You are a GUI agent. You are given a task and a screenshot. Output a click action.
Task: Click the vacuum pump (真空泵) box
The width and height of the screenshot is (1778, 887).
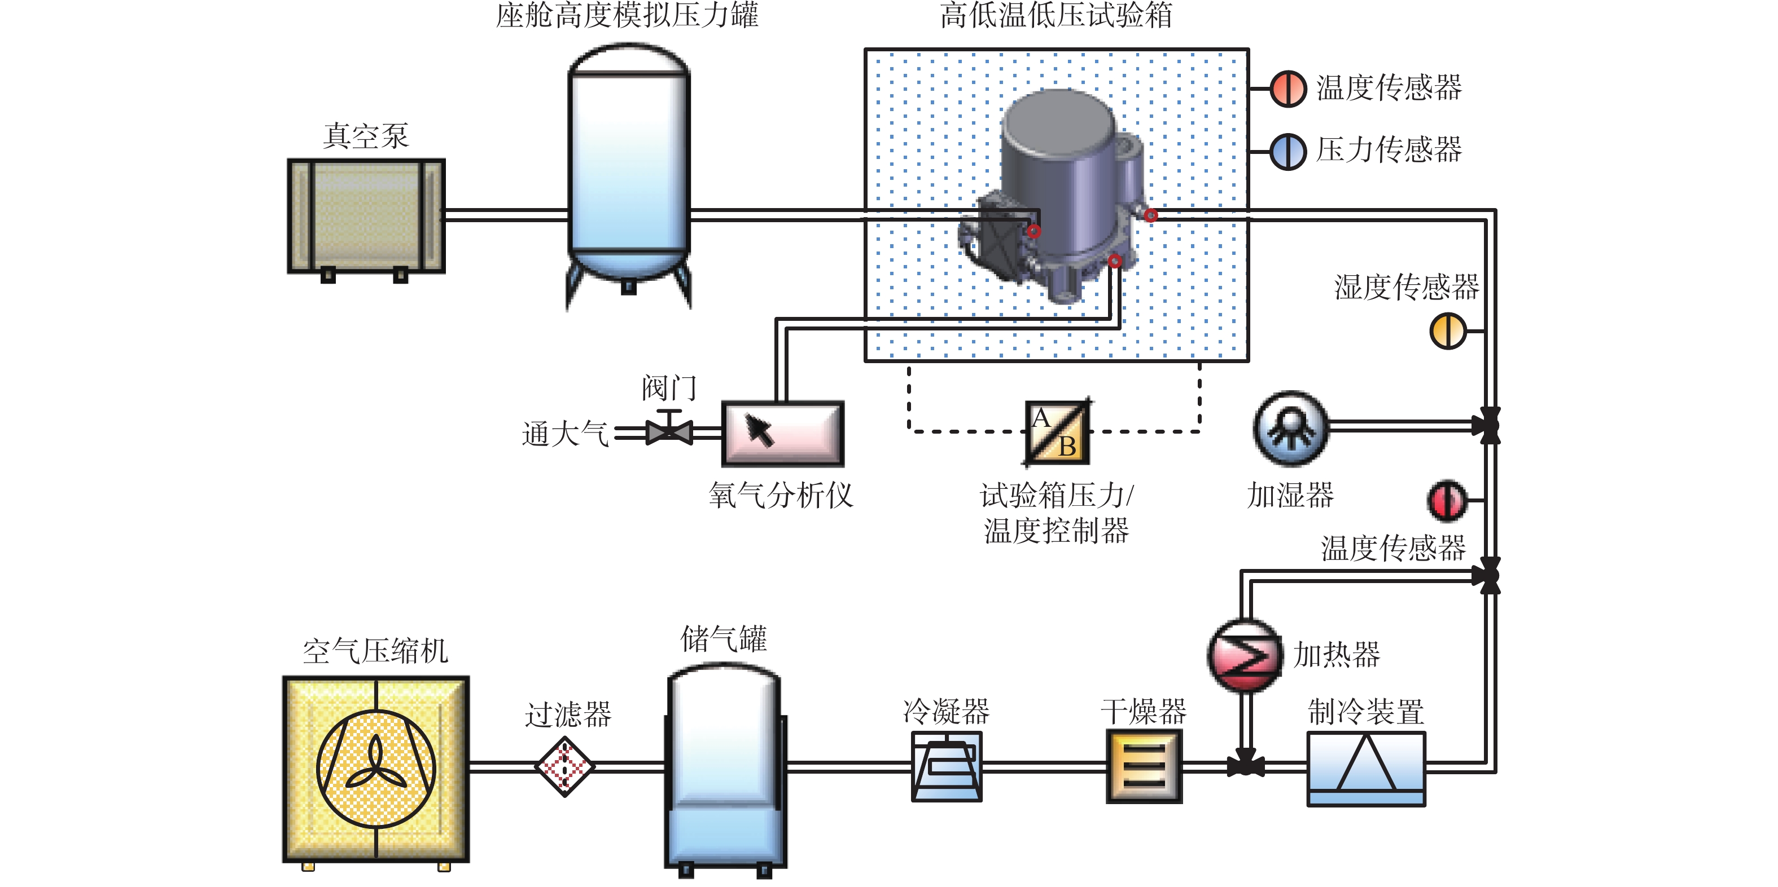tap(366, 216)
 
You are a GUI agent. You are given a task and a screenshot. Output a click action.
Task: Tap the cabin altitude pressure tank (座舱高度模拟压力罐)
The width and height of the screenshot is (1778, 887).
tap(628, 166)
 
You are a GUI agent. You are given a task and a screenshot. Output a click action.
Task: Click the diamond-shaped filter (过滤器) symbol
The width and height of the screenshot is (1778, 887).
tap(565, 766)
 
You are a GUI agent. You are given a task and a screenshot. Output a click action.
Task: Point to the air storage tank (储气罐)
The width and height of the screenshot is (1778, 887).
tap(725, 766)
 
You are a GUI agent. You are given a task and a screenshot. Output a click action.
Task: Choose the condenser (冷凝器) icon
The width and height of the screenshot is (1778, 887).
tap(946, 766)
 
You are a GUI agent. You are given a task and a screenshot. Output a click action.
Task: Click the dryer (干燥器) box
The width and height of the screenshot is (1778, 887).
tap(1144, 766)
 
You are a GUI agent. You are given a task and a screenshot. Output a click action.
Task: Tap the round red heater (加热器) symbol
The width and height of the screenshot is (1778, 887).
tap(1245, 655)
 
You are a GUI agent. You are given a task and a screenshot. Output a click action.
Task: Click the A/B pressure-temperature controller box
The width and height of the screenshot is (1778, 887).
tap(1057, 433)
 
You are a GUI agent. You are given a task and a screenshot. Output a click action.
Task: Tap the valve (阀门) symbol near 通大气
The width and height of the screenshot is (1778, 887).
tap(668, 430)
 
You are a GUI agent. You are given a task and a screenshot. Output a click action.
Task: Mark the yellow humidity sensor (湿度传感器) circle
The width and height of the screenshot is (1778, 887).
tap(1447, 331)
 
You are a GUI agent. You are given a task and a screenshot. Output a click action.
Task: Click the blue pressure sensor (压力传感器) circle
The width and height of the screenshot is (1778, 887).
tap(1288, 151)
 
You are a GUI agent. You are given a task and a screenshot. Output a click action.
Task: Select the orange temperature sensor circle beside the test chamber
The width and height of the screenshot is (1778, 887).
tap(1288, 89)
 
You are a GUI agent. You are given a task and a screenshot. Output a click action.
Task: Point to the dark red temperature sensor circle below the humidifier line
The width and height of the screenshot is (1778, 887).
tap(1446, 500)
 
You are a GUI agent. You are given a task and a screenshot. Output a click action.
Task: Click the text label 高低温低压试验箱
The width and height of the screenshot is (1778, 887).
tap(1056, 15)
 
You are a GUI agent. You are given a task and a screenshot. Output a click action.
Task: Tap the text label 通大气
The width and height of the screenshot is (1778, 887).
tap(564, 434)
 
